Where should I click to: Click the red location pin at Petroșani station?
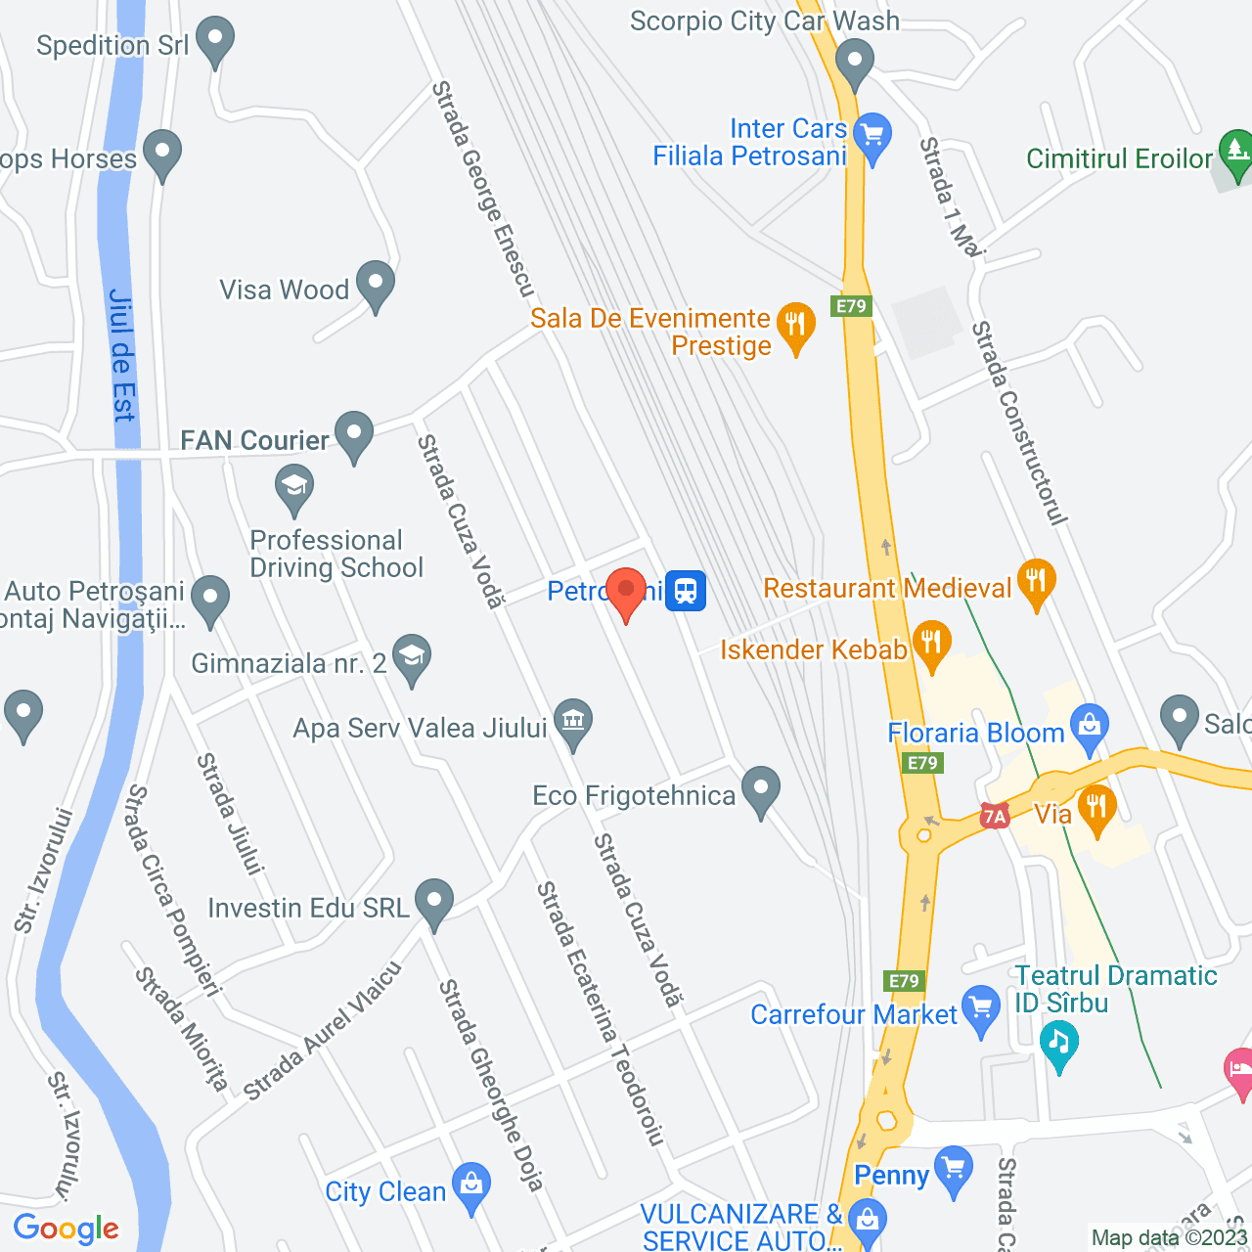pos(626,592)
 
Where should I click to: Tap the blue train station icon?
pos(686,591)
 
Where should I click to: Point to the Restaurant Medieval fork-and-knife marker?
pos(1036,583)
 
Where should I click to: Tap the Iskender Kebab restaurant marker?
pos(931,644)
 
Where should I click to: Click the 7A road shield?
pos(995,816)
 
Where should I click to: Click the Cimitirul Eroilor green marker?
pos(1236,153)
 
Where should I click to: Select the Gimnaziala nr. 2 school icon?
pos(412,657)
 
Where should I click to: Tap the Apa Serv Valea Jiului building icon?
pos(573,722)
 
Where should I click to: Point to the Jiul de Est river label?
pos(121,356)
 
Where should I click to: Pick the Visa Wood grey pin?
pos(376,284)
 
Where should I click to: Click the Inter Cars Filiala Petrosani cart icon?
pos(872,135)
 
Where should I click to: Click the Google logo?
pos(67,1229)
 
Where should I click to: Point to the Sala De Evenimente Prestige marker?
pos(795,325)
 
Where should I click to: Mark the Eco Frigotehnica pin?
pos(760,789)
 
